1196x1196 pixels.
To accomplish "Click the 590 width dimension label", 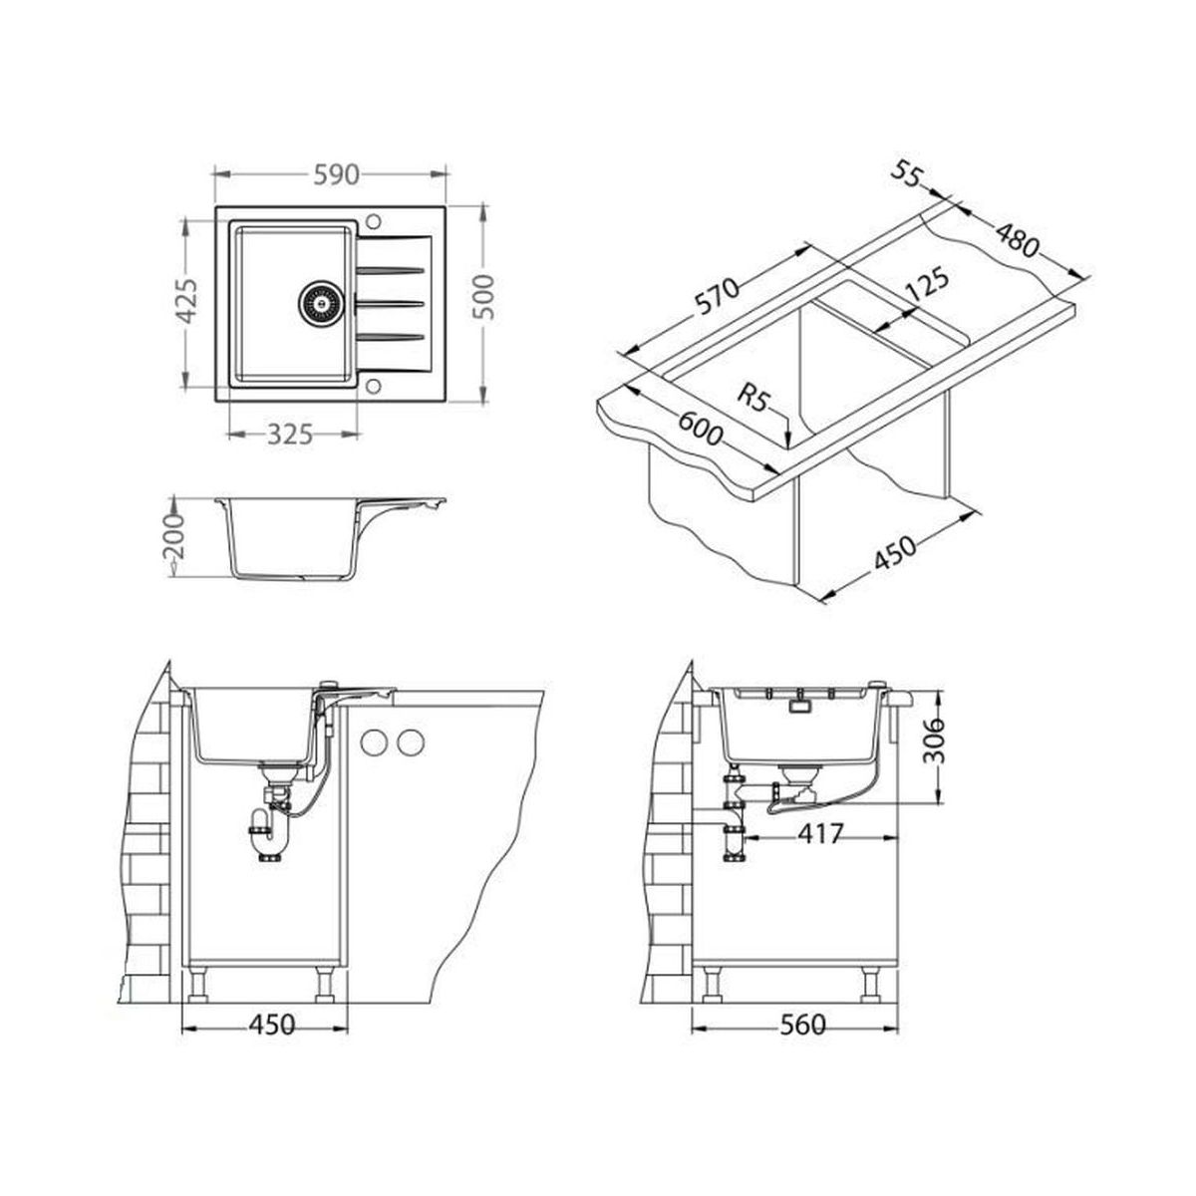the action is [x=336, y=175].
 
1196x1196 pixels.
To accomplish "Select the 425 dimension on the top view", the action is [x=186, y=301].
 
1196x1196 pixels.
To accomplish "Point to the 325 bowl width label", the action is [x=289, y=435].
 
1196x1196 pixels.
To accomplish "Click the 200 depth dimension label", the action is [x=174, y=535].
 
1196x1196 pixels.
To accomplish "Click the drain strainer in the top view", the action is [x=320, y=303].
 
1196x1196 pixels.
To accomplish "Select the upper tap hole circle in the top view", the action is [x=374, y=221].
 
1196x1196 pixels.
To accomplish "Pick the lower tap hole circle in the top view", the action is [x=373, y=386].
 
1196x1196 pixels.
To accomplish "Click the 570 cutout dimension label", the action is [x=718, y=297].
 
